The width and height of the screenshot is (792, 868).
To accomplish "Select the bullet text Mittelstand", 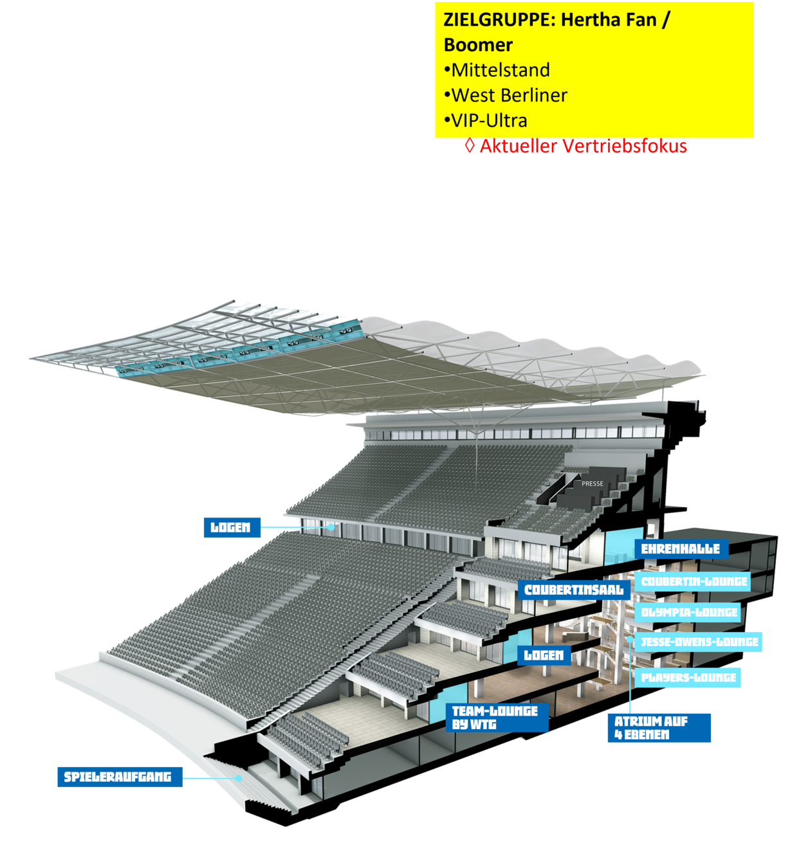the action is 501,70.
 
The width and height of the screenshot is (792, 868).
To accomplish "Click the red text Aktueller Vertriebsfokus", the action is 582,147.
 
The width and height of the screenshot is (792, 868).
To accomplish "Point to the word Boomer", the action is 478,45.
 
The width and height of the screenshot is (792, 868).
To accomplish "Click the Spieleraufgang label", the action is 118,777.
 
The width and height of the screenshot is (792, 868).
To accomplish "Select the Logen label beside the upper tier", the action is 231,527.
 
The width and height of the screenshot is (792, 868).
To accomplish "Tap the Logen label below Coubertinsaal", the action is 544,655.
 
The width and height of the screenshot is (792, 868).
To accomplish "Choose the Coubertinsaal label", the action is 574,590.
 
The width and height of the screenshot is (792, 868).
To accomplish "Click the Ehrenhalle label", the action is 681,549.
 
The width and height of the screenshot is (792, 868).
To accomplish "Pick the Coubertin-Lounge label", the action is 694,581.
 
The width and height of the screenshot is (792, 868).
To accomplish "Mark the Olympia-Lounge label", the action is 689,612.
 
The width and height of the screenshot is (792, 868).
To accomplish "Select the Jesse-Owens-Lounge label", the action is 699,642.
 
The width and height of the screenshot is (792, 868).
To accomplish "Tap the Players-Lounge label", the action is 688,677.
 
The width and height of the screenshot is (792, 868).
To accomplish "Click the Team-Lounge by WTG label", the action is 496,718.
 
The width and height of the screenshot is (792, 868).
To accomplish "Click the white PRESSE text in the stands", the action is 593,484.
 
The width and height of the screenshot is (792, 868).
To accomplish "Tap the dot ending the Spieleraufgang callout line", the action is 239,777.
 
